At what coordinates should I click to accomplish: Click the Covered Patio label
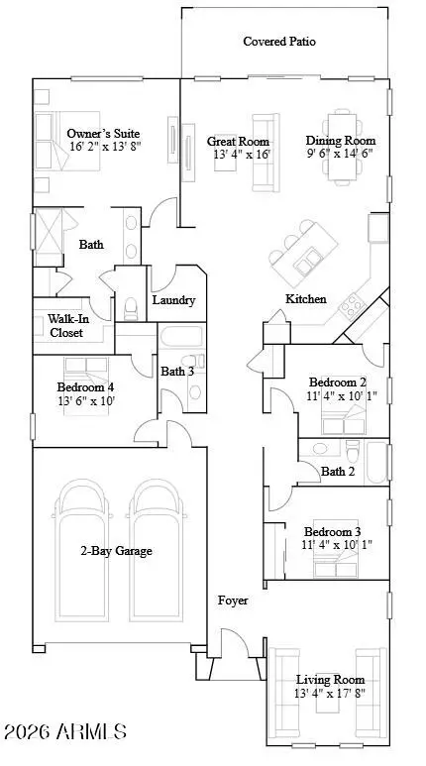tap(279, 42)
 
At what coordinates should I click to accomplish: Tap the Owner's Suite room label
tap(103, 134)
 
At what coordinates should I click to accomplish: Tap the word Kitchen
tap(306, 298)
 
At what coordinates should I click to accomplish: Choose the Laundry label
tap(173, 300)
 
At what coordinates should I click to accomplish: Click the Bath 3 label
tap(177, 372)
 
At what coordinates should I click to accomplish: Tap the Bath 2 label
tap(338, 472)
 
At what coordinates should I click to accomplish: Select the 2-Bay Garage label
tap(116, 551)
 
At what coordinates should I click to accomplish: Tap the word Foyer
tap(234, 601)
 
